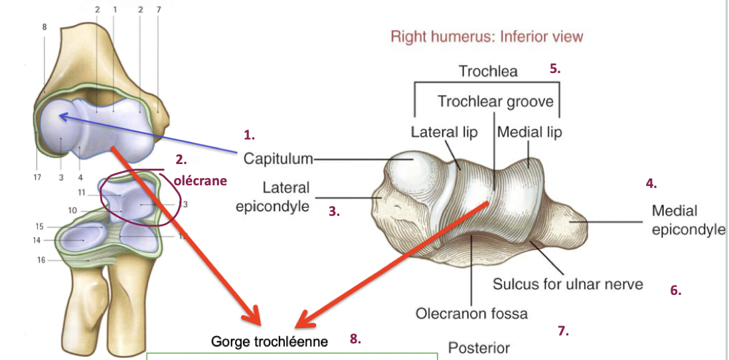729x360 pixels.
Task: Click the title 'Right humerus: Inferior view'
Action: pyautogui.click(x=487, y=36)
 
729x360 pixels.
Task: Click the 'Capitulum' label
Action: pyautogui.click(x=278, y=159)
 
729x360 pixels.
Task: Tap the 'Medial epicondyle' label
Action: pyautogui.click(x=688, y=221)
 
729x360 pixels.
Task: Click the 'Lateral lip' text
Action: pyautogui.click(x=444, y=132)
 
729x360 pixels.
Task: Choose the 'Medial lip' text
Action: pyautogui.click(x=529, y=132)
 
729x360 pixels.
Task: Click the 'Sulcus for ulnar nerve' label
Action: pyautogui.click(x=568, y=284)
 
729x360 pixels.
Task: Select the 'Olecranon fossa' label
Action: pyautogui.click(x=471, y=313)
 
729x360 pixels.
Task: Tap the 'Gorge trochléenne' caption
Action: pyautogui.click(x=270, y=341)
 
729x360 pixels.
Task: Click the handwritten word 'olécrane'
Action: pyautogui.click(x=200, y=180)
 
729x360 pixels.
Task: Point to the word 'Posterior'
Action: pyautogui.click(x=479, y=348)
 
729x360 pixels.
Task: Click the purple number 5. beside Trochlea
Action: pyautogui.click(x=555, y=68)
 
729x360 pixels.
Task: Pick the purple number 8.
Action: pyautogui.click(x=355, y=339)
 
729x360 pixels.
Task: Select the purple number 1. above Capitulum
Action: pyautogui.click(x=249, y=135)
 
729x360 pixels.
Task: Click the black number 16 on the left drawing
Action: pyautogui.click(x=41, y=260)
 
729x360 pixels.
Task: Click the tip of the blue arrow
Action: pyautogui.click(x=60, y=116)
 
